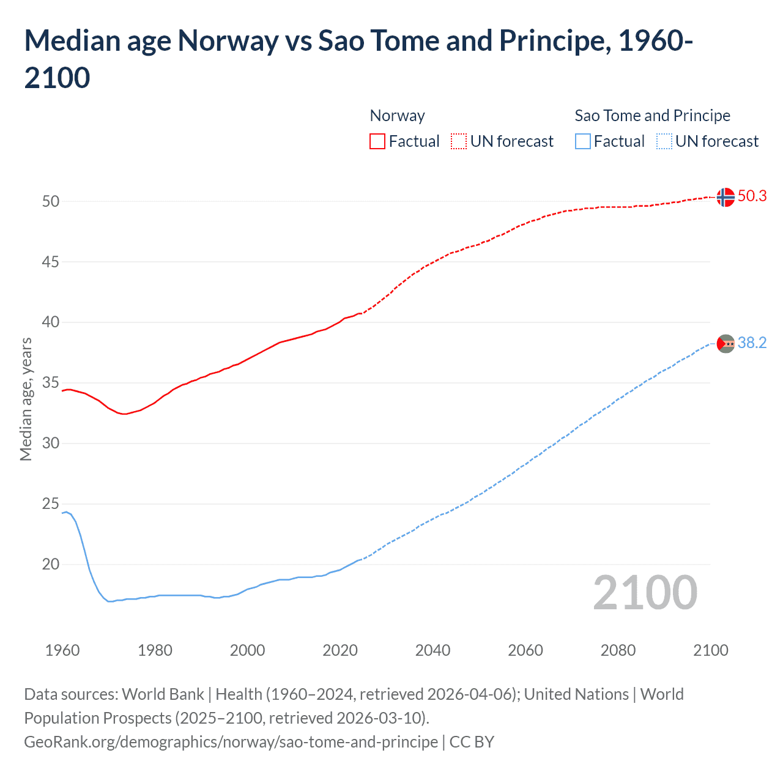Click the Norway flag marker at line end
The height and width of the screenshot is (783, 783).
coord(725,197)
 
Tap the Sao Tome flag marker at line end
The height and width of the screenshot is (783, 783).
coord(725,344)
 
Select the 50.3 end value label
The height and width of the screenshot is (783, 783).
coord(752,196)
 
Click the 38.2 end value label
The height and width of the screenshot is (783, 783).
coord(752,343)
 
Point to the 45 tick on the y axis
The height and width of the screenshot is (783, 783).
coord(51,262)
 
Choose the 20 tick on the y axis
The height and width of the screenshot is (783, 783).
coord(51,564)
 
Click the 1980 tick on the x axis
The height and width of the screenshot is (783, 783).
coord(155,650)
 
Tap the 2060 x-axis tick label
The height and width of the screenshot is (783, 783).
coord(525,650)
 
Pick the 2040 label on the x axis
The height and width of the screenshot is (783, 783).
coord(432,650)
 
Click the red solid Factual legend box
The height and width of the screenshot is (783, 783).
coord(377,141)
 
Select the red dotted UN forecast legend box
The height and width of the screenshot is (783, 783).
coord(459,141)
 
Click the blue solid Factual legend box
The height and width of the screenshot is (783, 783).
coord(583,141)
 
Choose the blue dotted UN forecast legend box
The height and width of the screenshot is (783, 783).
coord(664,141)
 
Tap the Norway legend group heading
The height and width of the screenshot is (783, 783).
coord(397,116)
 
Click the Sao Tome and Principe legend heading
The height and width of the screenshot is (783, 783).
coord(652,116)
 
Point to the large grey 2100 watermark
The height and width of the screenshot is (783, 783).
coord(645,592)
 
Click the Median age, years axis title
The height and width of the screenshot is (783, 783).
coord(26,399)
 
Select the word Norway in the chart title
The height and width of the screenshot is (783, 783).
coord(228,41)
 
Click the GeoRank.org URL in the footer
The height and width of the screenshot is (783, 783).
coord(231,742)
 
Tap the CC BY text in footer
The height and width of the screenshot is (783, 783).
coord(472,742)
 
